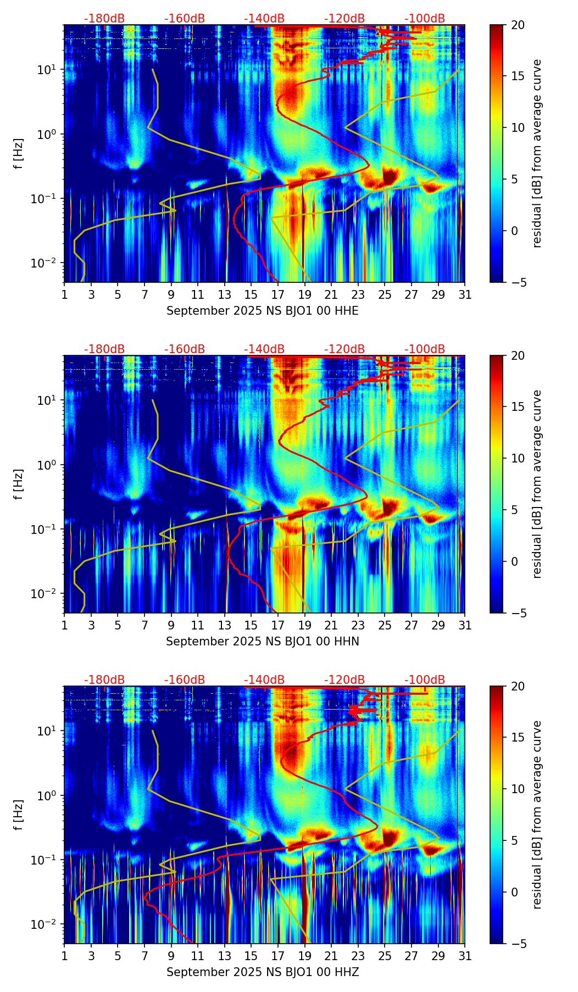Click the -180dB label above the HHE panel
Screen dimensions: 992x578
click(104, 19)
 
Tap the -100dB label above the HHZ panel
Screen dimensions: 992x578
click(425, 680)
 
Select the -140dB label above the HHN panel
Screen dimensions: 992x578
click(264, 349)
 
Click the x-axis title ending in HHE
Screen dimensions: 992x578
click(262, 311)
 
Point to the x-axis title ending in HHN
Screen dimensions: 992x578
click(262, 642)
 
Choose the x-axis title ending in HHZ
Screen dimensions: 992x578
click(262, 972)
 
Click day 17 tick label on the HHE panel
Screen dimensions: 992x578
click(278, 294)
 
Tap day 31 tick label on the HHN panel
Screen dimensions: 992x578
click(465, 625)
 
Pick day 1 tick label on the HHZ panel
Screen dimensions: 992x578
click(64, 956)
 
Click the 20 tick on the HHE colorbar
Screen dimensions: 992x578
click(518, 25)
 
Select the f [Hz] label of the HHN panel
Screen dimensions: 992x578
click(19, 484)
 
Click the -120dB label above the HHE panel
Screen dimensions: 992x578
click(344, 19)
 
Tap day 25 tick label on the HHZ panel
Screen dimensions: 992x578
click(385, 956)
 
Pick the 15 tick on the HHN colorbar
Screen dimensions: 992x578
click(518, 407)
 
